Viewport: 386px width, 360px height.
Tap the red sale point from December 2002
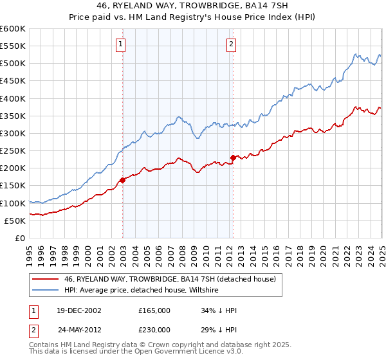[x=123, y=181]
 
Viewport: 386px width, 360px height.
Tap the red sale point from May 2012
[x=234, y=157]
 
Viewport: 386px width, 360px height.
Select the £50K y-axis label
[x=15, y=221]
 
